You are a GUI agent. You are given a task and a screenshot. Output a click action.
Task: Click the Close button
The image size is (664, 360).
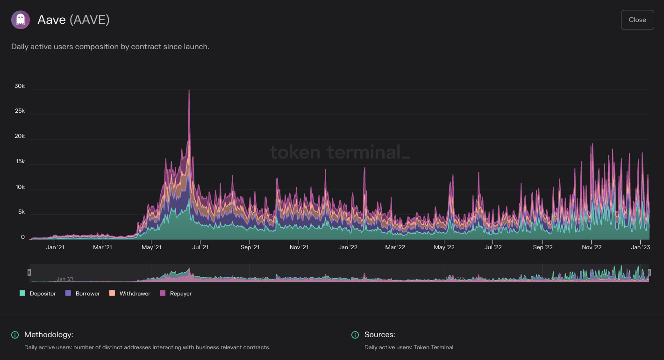pyautogui.click(x=637, y=20)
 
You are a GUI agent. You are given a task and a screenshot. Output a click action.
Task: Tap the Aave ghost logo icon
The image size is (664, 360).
pyautogui.click(x=21, y=20)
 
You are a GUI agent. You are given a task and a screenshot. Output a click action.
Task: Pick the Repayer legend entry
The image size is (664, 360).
pyautogui.click(x=176, y=294)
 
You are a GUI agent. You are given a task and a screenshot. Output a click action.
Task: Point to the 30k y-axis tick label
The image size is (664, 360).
pyautogui.click(x=20, y=86)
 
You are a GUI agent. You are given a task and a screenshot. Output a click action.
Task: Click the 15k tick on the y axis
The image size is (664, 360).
pyautogui.click(x=20, y=162)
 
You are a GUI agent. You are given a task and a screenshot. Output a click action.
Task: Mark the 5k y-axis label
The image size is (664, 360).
pyautogui.click(x=21, y=212)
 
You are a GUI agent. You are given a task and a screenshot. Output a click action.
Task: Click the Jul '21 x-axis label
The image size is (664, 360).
pyautogui.click(x=200, y=247)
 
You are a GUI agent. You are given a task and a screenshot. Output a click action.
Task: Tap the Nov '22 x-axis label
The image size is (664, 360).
pyautogui.click(x=592, y=247)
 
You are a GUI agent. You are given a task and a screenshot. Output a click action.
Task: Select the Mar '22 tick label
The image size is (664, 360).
pyautogui.click(x=395, y=247)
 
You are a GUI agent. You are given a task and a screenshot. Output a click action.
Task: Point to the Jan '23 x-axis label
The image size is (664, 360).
pyautogui.click(x=640, y=247)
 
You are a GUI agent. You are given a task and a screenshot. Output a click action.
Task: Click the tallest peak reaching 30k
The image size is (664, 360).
pyautogui.click(x=189, y=90)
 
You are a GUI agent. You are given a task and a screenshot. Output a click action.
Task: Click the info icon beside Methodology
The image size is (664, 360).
pyautogui.click(x=15, y=335)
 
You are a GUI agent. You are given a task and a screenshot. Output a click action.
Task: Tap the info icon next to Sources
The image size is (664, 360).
pyautogui.click(x=355, y=335)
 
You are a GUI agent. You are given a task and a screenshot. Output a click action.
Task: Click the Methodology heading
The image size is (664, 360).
pyautogui.click(x=49, y=335)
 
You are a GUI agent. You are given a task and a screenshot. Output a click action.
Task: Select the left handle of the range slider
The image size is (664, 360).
pyautogui.click(x=29, y=273)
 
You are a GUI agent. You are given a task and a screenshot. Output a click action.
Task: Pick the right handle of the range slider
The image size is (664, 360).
pyautogui.click(x=649, y=273)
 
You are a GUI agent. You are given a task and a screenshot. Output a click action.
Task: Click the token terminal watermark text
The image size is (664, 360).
pyautogui.click(x=340, y=152)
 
